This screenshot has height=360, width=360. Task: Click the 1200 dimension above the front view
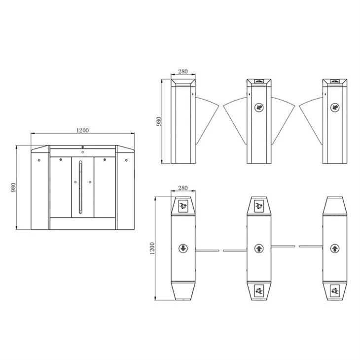(x=82, y=130)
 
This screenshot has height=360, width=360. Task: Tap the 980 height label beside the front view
(x=13, y=187)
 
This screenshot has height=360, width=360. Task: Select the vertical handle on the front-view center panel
(x=80, y=187)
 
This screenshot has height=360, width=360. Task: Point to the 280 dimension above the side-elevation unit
(x=183, y=72)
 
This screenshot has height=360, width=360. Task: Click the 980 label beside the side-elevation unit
(x=159, y=121)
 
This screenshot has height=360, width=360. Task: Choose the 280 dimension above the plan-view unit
(x=183, y=188)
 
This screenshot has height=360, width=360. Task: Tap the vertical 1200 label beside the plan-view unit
(x=152, y=248)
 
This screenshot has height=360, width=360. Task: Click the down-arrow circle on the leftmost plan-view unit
(x=183, y=248)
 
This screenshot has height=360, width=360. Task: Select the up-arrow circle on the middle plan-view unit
(x=259, y=248)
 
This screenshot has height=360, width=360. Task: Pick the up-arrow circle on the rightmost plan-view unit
(x=335, y=248)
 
